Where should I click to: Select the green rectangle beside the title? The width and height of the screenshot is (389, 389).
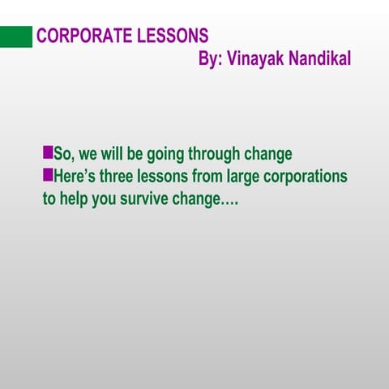click(16, 36)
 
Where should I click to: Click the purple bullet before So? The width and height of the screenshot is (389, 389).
click(47, 152)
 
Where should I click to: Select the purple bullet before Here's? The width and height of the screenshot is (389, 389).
click(47, 174)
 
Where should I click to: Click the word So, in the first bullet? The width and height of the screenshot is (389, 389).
click(63, 154)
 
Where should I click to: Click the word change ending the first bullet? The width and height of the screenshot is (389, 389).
click(270, 154)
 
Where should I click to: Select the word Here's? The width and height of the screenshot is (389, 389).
click(75, 176)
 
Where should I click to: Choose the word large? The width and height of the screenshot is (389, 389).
click(244, 177)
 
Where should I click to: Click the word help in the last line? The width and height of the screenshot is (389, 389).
click(76, 199)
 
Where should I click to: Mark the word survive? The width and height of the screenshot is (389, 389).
click(144, 199)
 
